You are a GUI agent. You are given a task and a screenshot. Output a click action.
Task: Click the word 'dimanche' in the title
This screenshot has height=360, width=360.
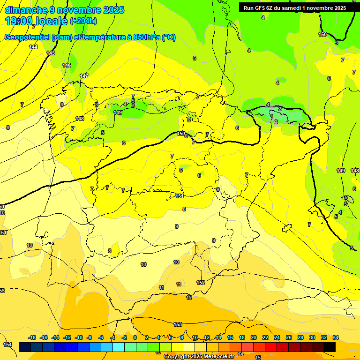(x=24, y=10)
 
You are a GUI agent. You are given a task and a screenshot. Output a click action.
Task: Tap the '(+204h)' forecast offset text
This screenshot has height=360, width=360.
(x=83, y=21)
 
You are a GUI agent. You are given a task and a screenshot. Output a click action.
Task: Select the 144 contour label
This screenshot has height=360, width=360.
(x=33, y=47)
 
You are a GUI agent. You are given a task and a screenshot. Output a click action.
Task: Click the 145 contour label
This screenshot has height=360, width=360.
(x=51, y=53)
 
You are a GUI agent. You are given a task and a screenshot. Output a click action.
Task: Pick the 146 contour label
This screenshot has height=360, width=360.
(x=67, y=65)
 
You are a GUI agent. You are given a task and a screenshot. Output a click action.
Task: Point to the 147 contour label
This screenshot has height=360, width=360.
(x=84, y=76)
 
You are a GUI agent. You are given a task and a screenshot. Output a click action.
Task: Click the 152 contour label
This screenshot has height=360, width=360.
(x=201, y=283)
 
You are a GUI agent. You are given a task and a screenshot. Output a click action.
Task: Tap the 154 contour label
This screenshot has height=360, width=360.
(x=7, y=345)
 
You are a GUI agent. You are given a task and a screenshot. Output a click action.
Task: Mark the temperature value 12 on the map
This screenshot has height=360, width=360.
(x=189, y=298)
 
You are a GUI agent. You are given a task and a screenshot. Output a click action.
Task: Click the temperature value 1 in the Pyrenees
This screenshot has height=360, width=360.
(x=272, y=116)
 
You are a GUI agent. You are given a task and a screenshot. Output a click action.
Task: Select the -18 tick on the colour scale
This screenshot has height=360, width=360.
(x=32, y=337)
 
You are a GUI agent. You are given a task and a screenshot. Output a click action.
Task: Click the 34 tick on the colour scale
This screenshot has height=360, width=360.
(x=336, y=337)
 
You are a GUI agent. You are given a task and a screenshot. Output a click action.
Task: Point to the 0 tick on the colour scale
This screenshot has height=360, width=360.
(x=135, y=337)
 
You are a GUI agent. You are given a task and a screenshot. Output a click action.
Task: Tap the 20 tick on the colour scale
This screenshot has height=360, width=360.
(x=254, y=337)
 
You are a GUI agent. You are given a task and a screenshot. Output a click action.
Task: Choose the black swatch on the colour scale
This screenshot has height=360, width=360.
(x=330, y=347)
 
